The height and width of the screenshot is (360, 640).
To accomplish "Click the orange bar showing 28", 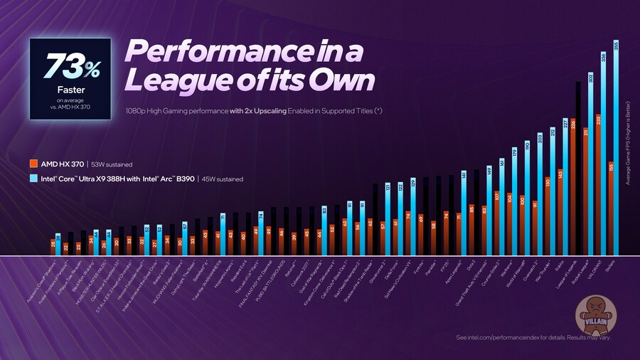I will (53, 248).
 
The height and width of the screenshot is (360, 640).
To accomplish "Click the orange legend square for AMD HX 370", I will (33, 163).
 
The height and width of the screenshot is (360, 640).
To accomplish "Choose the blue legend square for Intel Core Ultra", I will (33, 179).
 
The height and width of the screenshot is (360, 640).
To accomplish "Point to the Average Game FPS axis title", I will (628, 142).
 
